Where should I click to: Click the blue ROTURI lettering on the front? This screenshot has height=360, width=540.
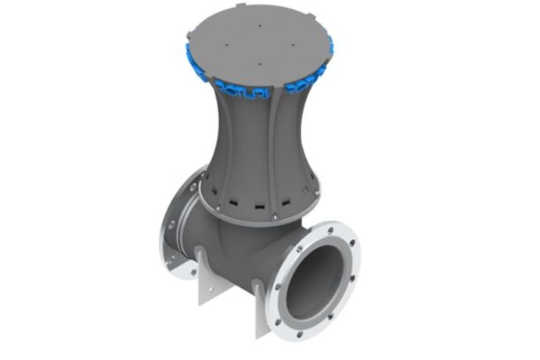(x=239, y=93)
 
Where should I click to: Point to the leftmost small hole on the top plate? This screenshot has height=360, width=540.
(x=225, y=45)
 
